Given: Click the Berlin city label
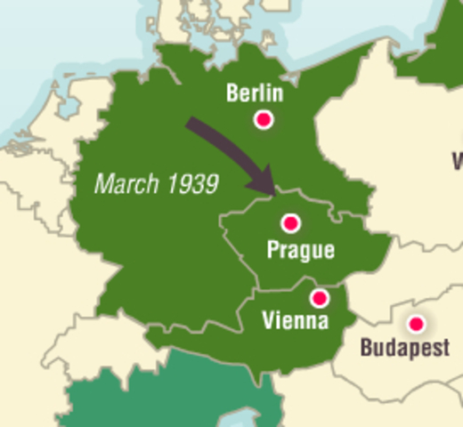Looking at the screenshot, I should click(x=255, y=93).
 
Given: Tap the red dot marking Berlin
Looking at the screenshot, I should click(x=263, y=119).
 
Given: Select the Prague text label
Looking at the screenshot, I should click(x=300, y=250).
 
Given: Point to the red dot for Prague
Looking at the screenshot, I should click(x=289, y=223).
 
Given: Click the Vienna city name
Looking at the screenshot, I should click(x=295, y=320).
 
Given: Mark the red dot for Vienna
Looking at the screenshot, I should click(x=319, y=298).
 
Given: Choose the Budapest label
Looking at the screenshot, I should click(x=404, y=348).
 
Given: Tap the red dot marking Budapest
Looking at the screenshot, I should click(x=414, y=325).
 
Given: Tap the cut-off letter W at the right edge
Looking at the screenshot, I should click(x=457, y=161).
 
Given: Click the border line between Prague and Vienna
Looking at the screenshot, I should click(x=294, y=286).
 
